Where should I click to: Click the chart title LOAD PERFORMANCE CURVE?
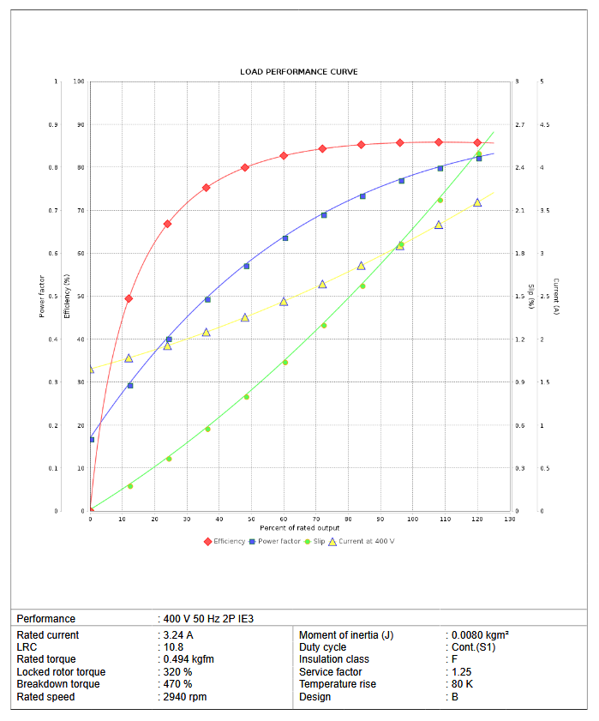pos(299,71)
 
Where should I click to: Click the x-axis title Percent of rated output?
pos(299,527)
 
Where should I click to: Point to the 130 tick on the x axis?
pos(509,519)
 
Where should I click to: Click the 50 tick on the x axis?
pos(251,519)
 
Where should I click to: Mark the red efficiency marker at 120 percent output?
pos(477,142)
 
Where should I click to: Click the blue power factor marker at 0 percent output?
pos(91,440)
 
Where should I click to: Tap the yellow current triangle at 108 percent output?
pos(439,225)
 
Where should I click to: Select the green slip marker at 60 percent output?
pos(285,362)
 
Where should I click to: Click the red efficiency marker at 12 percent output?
pos(129,298)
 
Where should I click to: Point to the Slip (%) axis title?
pos(531,296)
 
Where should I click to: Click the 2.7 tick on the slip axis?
pos(519,125)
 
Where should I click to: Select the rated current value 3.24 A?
pos(178,635)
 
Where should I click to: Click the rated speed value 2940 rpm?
pos(184,697)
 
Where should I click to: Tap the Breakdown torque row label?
pos(58,684)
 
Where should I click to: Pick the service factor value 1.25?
pos(462,672)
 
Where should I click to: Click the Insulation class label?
pos(336,660)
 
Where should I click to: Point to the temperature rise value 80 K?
pos(462,684)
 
